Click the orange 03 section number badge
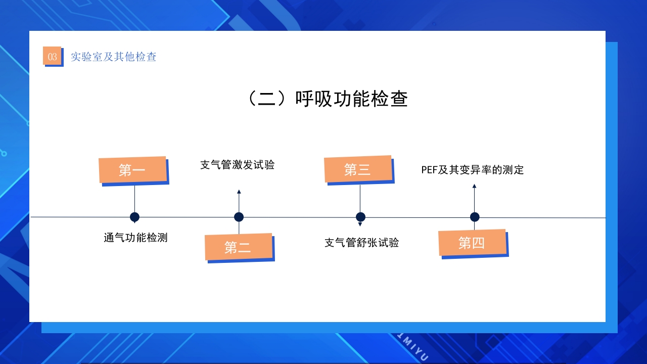[52, 56]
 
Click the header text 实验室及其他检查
[114, 57]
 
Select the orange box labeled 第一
[132, 170]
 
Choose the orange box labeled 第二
[238, 247]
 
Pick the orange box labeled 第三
[358, 169]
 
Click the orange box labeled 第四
[472, 243]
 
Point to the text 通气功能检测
[135, 238]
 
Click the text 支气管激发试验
[238, 165]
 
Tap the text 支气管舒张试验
[361, 243]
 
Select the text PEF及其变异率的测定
[473, 170]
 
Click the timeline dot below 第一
[134, 217]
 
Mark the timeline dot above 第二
[239, 217]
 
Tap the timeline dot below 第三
[360, 217]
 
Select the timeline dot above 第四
[475, 217]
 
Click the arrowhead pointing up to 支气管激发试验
[239, 192]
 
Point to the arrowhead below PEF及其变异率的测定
[474, 187]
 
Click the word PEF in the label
[429, 170]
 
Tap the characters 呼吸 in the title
[314, 99]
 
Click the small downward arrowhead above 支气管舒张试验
[360, 224]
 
